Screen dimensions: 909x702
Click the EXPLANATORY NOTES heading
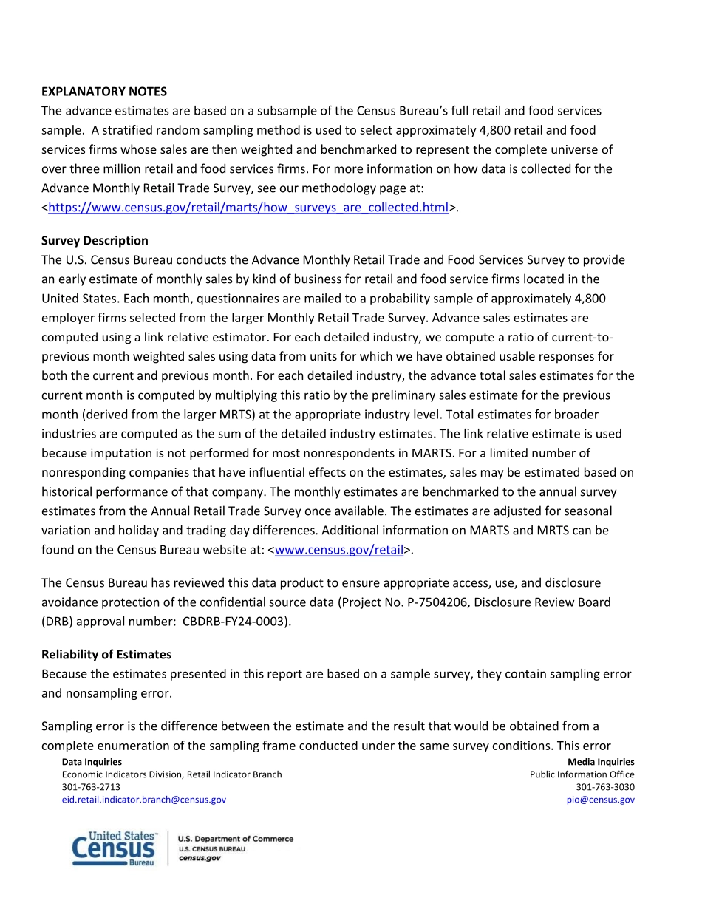point(104,92)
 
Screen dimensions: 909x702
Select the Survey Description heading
point(95,241)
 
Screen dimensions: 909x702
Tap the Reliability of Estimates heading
point(106,655)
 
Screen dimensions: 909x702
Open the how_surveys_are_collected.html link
point(248,208)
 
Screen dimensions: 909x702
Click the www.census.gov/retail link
point(339,550)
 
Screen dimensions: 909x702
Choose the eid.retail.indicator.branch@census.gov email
point(144,800)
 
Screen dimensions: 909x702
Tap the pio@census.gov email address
point(599,800)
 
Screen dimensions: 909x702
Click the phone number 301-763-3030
point(605,787)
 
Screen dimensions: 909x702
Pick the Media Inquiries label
point(601,762)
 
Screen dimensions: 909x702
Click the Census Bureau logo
point(115,848)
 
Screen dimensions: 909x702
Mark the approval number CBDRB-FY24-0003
point(236,622)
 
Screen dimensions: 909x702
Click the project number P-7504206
point(432,602)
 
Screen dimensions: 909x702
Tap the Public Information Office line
point(582,774)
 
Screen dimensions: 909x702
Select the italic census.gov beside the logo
point(200,858)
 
